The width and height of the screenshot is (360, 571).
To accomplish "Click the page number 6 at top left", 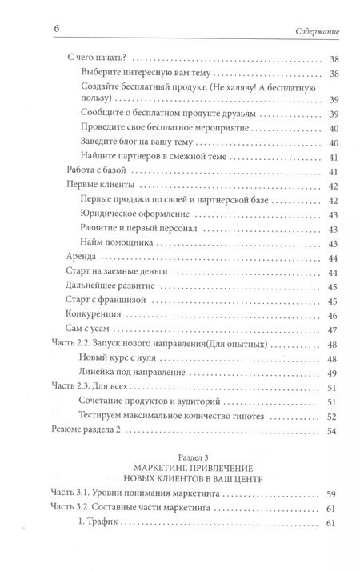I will (57, 30).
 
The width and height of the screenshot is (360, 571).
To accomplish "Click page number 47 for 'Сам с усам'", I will (334, 329).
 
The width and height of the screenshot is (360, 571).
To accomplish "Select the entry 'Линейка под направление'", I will (133, 373).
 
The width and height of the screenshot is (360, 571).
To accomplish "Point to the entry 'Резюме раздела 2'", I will (85, 430).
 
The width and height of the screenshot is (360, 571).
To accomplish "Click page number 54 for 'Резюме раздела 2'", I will (334, 430).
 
